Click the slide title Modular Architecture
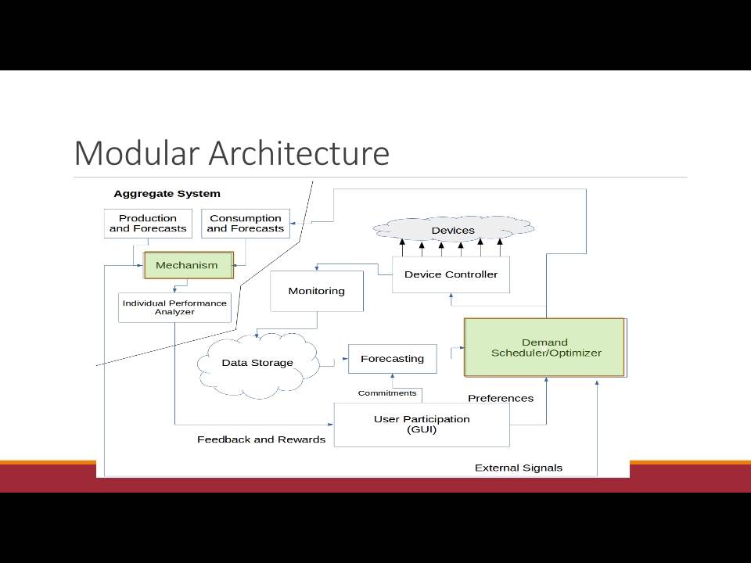232,153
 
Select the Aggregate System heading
167,194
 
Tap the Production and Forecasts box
148,224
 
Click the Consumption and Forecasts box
246,224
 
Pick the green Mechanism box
189,265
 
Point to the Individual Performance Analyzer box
174,307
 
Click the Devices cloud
453,230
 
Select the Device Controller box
451,274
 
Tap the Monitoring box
317,291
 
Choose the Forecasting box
392,359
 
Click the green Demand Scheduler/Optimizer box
544,347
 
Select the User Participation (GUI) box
422,425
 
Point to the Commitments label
387,393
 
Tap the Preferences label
501,398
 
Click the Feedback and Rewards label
261,439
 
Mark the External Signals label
518,468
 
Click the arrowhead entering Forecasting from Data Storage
345,359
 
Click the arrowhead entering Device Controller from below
451,296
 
